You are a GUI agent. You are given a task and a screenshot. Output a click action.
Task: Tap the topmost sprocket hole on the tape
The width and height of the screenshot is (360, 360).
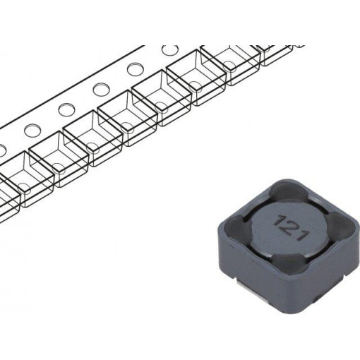(x=170, y=51)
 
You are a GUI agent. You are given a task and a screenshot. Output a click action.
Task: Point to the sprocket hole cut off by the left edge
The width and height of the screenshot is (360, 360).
(x=2, y=148)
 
